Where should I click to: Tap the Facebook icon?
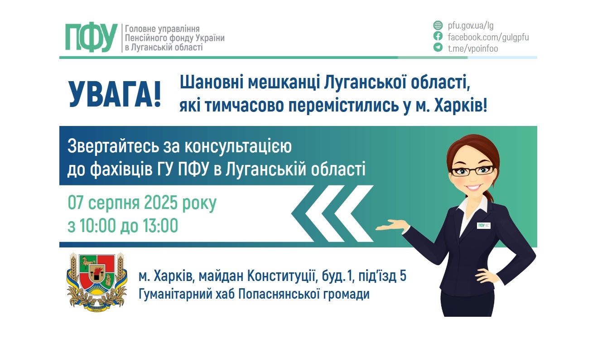tap(438, 37)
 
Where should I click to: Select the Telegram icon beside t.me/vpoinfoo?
tap(438, 48)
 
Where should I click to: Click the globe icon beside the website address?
tap(438, 25)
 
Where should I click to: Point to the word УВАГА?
tap(115, 94)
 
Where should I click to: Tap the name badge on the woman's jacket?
tap(484, 225)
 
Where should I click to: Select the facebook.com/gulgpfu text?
tap(488, 37)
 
